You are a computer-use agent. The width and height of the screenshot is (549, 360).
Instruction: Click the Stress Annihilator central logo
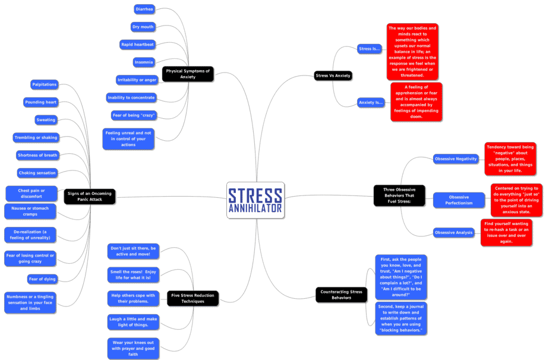coord(255,200)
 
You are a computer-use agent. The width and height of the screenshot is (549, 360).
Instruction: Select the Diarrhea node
coord(144,9)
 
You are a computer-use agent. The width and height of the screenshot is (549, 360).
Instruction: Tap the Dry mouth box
coord(143,27)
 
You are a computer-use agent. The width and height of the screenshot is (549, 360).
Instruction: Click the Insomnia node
coord(144,62)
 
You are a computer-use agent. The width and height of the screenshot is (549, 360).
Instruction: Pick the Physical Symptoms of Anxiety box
coord(188,74)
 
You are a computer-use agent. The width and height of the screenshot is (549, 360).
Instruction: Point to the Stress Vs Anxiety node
coord(333,75)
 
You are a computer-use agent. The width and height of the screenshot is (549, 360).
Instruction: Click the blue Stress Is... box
coord(369,49)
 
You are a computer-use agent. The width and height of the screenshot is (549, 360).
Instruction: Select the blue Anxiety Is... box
coord(370,102)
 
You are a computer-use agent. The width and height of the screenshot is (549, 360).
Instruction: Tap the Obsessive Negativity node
coord(456,159)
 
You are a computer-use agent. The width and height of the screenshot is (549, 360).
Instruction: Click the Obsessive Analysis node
coord(454,232)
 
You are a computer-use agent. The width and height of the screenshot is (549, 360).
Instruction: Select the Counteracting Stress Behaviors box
coord(341,295)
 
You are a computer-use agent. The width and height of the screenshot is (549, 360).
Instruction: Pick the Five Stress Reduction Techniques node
coord(193,298)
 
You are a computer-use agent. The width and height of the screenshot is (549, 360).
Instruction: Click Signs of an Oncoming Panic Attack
coord(90,196)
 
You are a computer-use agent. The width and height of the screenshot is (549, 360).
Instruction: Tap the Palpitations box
coord(45,84)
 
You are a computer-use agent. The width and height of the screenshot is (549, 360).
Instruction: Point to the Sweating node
coord(46,120)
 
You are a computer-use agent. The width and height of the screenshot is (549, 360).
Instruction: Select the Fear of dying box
coord(42,279)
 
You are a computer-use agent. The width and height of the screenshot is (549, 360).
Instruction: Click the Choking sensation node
coord(37,173)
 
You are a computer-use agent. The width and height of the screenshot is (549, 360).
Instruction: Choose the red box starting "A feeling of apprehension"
coord(417,102)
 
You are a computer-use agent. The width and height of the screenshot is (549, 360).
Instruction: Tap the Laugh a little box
coord(133,322)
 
